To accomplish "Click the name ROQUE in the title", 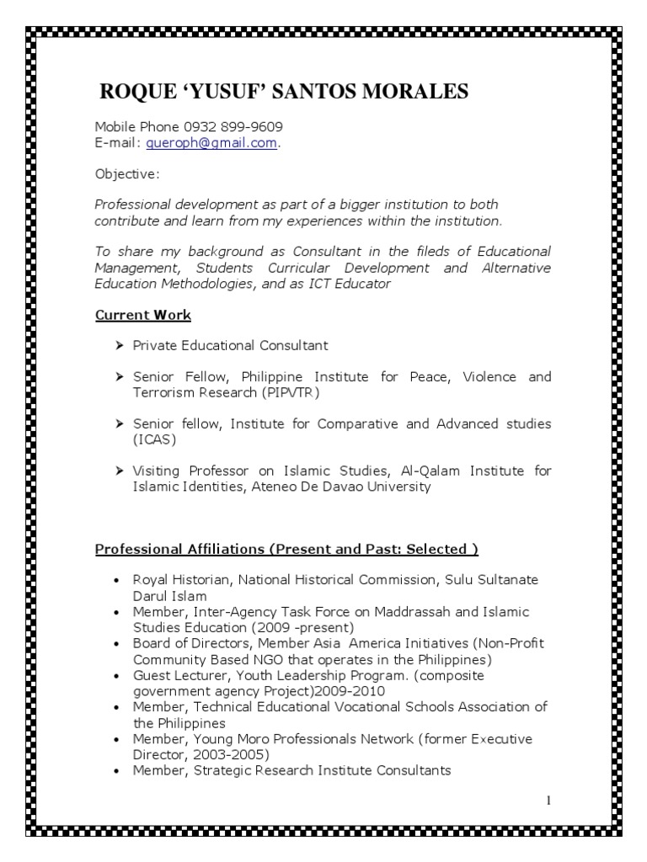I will coord(135,91).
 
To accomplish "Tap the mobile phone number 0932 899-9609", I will coord(239,126).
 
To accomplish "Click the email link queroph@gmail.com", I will coord(211,142).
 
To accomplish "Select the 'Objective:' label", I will coord(126,173).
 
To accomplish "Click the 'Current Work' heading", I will coord(142,315).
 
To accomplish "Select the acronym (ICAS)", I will coord(152,439).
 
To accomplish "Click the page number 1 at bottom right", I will coord(548,800).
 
